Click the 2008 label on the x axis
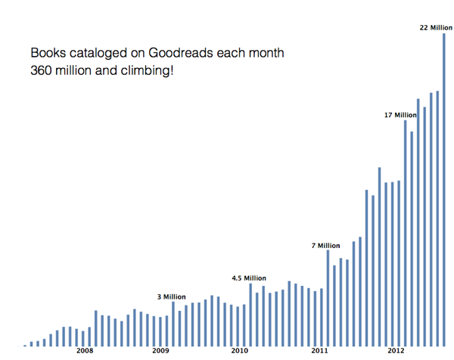(x=84, y=352)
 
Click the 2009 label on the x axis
(x=160, y=352)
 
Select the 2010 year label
(x=239, y=352)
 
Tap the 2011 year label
(x=319, y=352)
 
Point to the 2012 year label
(x=396, y=352)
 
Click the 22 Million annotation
(x=436, y=28)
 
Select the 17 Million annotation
(x=401, y=115)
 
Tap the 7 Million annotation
(x=326, y=245)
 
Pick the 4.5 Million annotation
(x=249, y=278)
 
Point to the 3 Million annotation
(x=172, y=296)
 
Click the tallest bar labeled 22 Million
(x=444, y=189)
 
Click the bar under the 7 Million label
(x=328, y=298)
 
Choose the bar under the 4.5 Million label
(x=250, y=315)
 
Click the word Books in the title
(x=46, y=55)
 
